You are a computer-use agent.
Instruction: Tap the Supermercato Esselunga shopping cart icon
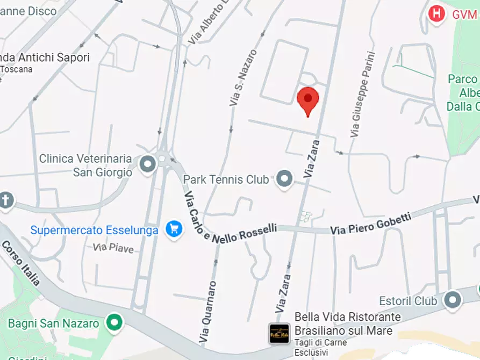[x=174, y=229]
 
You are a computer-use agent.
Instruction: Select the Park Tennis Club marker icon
[x=284, y=179]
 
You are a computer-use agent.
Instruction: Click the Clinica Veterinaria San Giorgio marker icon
[x=147, y=165]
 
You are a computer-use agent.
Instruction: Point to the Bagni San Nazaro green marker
[x=114, y=323]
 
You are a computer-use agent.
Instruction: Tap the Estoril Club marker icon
[x=453, y=300]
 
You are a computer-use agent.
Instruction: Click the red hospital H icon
[x=437, y=14]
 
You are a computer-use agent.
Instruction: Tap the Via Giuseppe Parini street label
[x=362, y=94]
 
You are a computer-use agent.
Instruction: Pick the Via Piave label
[x=113, y=248]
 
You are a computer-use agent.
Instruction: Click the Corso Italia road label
[x=20, y=263]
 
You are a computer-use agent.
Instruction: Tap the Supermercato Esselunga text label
[x=94, y=231]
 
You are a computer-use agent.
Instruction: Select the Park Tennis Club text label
[x=226, y=179]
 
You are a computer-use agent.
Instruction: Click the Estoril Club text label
[x=408, y=300]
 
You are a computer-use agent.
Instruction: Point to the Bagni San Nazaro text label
[x=53, y=323]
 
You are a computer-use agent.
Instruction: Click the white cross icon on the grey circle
[x=5, y=200]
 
